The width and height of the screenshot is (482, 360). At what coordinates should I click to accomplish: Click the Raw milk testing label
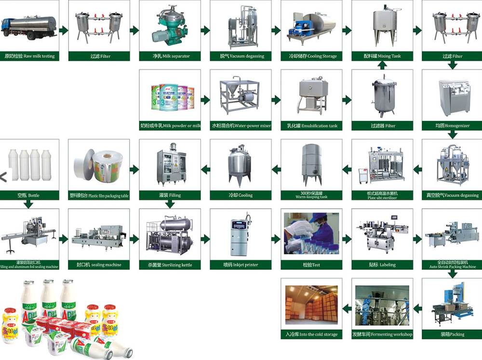point(29,56)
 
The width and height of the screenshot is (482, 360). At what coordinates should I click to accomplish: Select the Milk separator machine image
point(170,26)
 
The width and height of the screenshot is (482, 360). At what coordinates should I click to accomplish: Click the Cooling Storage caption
point(311,56)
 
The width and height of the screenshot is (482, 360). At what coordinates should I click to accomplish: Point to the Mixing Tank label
point(382,56)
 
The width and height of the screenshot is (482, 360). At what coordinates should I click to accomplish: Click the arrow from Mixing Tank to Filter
point(417,30)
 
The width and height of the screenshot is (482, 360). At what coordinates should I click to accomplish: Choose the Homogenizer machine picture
point(453,96)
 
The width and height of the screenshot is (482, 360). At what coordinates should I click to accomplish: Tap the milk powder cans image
point(170,96)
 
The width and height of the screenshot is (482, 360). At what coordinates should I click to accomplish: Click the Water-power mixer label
point(241,126)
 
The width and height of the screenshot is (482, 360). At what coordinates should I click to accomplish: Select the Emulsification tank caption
point(311,126)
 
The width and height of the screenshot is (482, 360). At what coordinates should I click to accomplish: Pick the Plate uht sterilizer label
point(382,196)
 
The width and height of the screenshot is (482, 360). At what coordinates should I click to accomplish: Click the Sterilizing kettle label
point(170,265)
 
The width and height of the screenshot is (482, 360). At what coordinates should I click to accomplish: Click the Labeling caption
point(382,265)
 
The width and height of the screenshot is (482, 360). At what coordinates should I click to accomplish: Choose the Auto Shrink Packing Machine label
point(453,265)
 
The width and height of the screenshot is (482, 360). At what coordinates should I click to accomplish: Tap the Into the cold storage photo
point(311,305)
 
